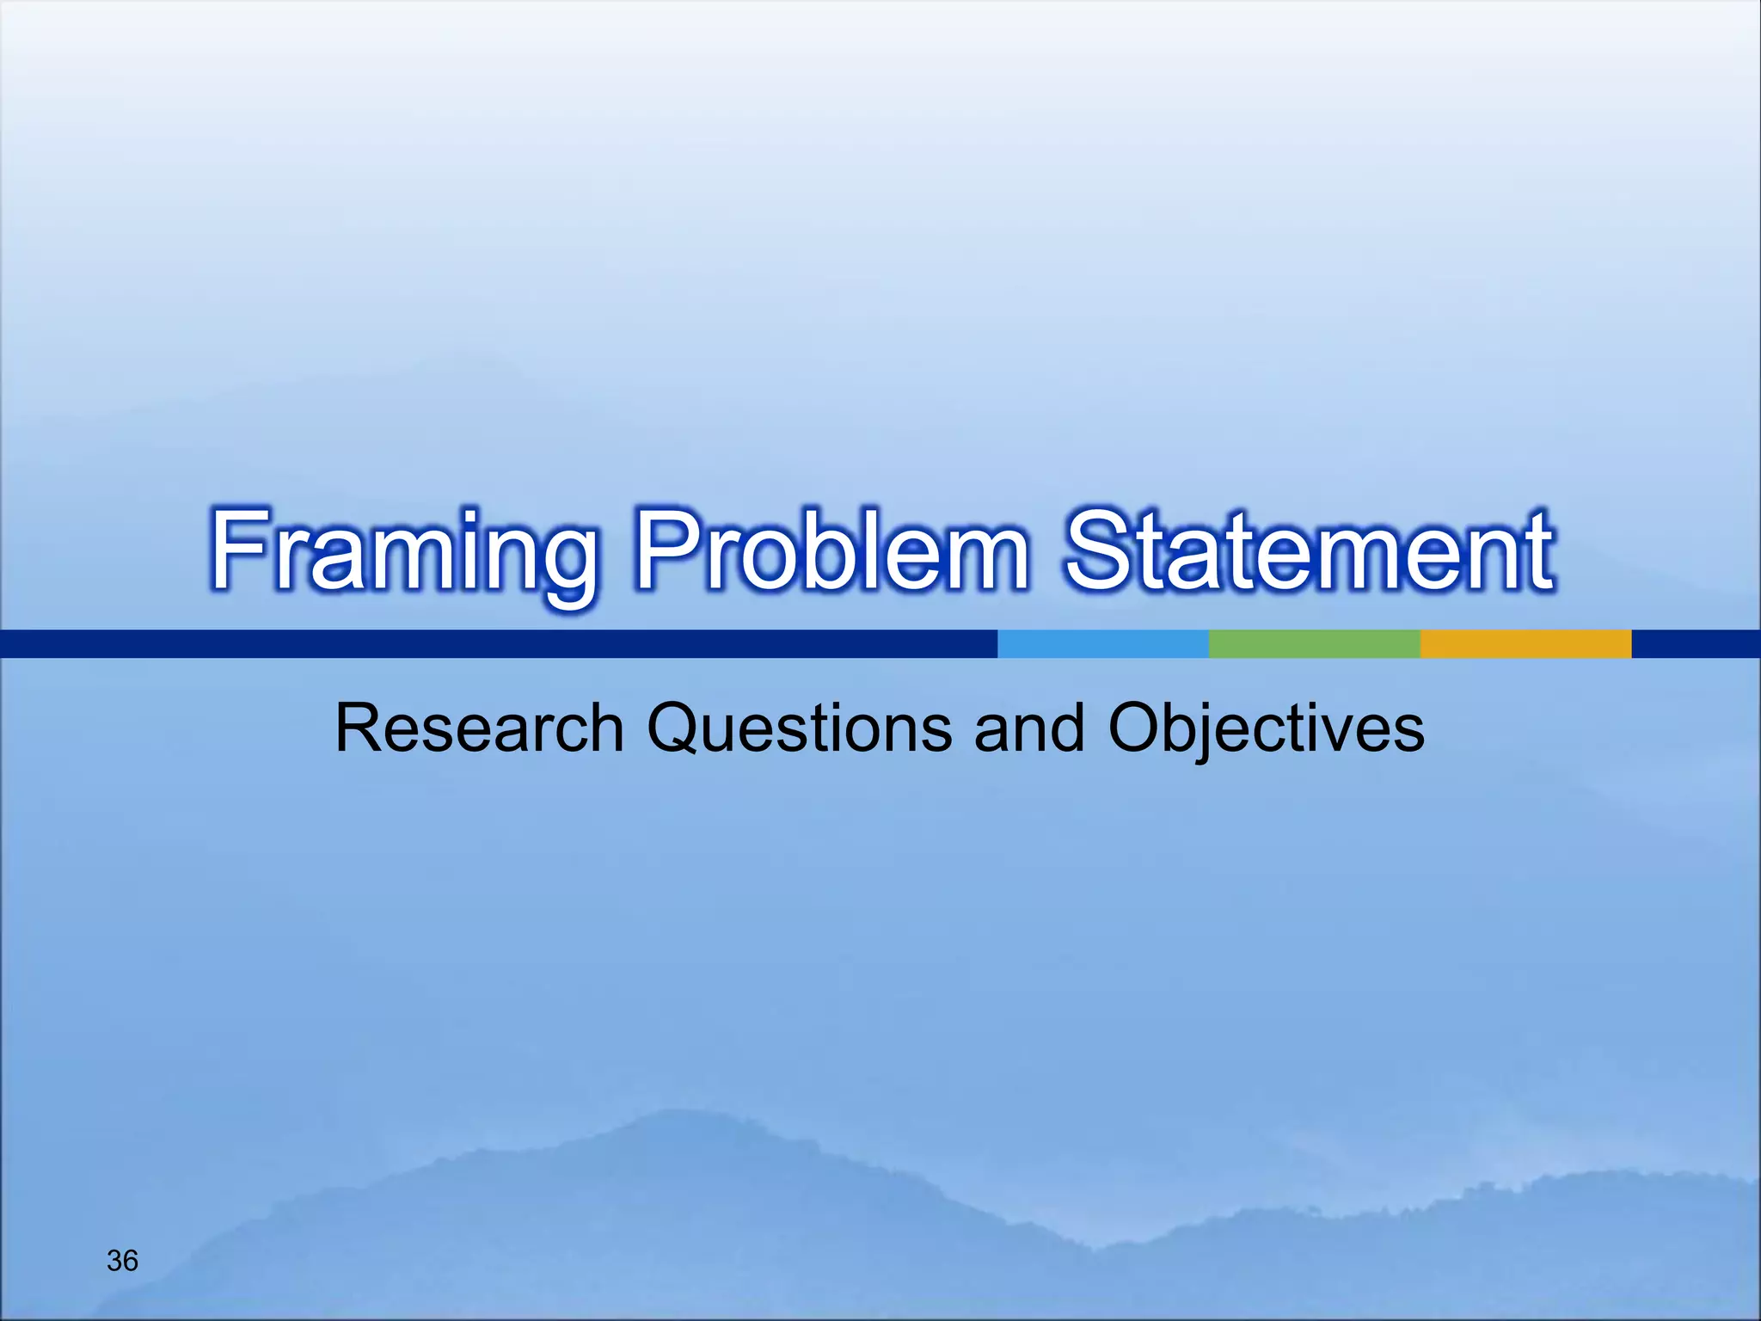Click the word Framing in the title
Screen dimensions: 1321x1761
coord(404,550)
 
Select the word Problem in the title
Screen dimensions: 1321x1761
coord(831,550)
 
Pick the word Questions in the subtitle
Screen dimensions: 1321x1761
coord(799,728)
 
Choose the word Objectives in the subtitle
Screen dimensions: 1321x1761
coord(1266,728)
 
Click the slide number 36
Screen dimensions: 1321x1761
coord(122,1261)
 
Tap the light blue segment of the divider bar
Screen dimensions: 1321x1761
coord(1103,644)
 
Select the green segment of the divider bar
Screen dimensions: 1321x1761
coord(1314,644)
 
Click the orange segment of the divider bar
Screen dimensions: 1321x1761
coord(1525,644)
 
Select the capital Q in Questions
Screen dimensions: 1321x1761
coord(678,729)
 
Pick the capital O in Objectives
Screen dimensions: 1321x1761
coord(1138,728)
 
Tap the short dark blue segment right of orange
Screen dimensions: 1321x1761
coord(1696,644)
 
